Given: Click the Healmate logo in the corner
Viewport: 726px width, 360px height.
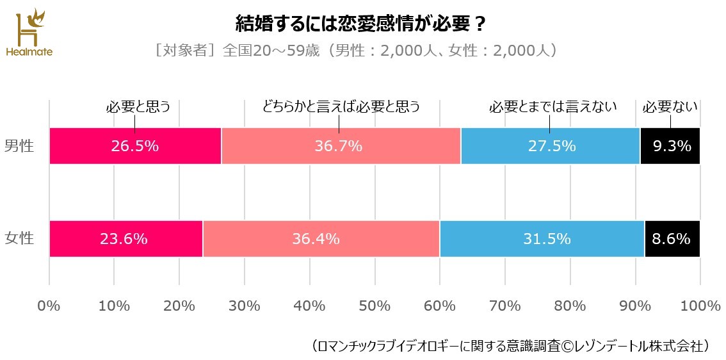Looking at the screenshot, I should click(28, 32).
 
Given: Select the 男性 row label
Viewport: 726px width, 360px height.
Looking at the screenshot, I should click(19, 145).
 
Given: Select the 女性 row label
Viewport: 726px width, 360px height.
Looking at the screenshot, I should click(19, 239).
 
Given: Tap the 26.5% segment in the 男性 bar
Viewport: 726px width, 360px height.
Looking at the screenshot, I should click(135, 146).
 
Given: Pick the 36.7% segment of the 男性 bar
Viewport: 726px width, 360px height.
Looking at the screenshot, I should click(341, 146).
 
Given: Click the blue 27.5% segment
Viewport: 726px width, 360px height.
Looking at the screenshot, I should click(551, 146).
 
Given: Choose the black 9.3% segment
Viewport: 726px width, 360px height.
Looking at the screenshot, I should click(670, 146).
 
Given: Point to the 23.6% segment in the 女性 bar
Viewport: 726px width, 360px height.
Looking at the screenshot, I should click(125, 239).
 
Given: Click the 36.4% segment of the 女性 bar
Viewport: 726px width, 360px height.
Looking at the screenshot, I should click(321, 239).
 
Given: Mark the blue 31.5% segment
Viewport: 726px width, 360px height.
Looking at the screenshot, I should click(542, 239).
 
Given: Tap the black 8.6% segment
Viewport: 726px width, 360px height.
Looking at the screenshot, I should click(672, 239).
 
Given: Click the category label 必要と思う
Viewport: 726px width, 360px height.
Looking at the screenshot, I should click(138, 107).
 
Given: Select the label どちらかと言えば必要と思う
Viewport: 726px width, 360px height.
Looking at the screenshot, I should click(341, 107).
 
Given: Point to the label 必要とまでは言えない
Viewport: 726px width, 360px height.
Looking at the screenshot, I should click(553, 107).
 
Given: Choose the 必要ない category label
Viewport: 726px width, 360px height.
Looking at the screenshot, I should click(670, 107).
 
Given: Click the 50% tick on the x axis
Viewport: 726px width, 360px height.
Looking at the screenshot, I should click(375, 306).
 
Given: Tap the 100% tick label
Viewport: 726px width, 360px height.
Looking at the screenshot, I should click(699, 306).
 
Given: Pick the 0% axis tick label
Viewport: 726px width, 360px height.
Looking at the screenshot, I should click(49, 306).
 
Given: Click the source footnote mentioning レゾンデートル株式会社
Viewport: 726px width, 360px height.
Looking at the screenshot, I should click(510, 346).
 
